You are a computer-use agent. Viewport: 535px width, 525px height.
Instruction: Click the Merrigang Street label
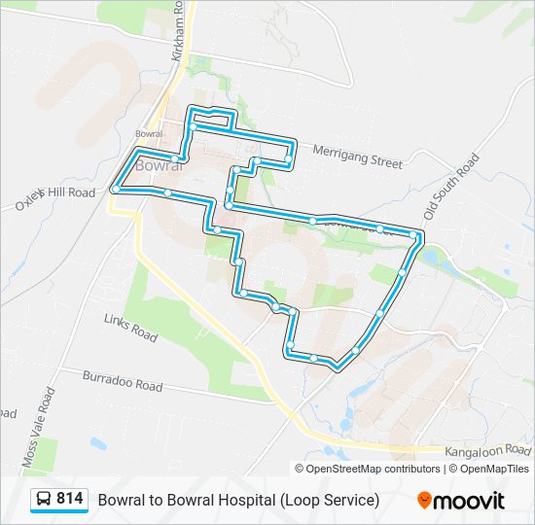[x=357, y=157]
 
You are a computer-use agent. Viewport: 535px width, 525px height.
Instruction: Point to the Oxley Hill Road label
[x=54, y=197]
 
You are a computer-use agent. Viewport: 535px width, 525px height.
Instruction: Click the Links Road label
[x=130, y=327]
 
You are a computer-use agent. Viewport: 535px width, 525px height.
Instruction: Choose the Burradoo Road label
[x=122, y=380]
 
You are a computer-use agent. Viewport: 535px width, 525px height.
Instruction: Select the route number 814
[x=70, y=499]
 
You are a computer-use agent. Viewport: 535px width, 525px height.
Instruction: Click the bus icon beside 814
[x=44, y=500]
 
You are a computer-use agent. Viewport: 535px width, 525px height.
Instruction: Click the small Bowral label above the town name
[x=148, y=133]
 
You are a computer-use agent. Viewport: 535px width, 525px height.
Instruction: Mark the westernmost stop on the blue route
[x=115, y=189]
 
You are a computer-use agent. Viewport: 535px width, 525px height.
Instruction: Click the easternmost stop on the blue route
[x=416, y=236]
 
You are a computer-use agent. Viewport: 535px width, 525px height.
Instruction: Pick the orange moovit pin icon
[x=425, y=500]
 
